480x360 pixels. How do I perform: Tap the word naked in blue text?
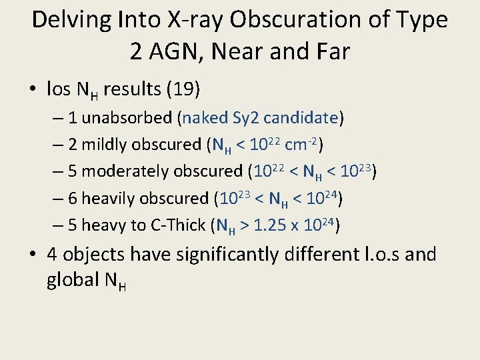206,118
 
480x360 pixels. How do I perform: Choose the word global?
73,280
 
